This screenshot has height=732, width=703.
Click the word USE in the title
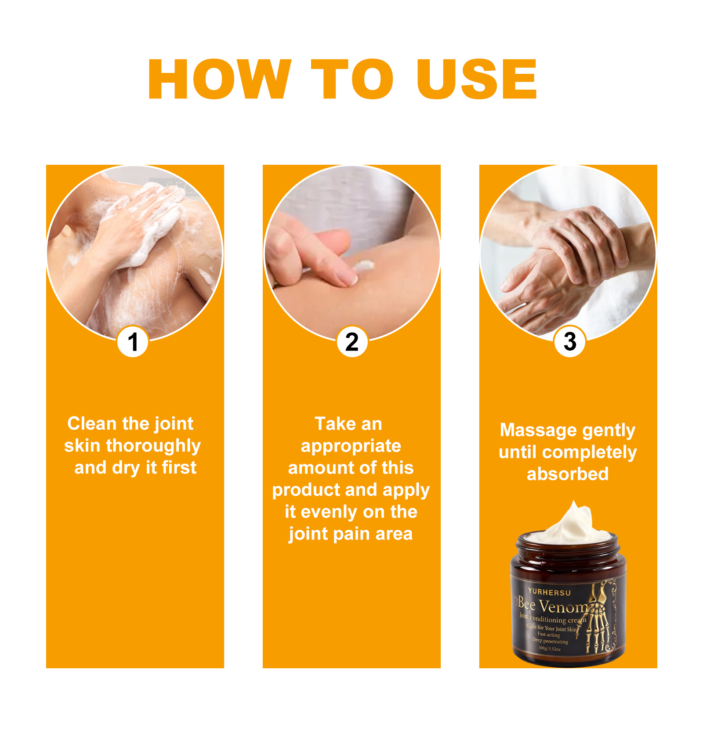click(477, 80)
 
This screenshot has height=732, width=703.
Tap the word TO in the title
click(351, 80)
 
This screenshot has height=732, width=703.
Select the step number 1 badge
click(133, 342)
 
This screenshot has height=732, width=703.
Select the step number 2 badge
click(352, 342)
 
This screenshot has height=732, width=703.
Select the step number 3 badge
click(570, 341)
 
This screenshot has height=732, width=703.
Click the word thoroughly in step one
click(153, 446)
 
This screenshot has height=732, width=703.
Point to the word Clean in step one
click(93, 424)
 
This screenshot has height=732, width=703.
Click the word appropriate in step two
click(351, 446)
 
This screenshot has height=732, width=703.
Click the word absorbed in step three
click(568, 474)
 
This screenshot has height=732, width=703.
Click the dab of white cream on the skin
click(364, 265)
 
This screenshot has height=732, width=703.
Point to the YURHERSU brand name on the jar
click(549, 592)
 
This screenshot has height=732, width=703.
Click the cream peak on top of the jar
click(573, 518)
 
